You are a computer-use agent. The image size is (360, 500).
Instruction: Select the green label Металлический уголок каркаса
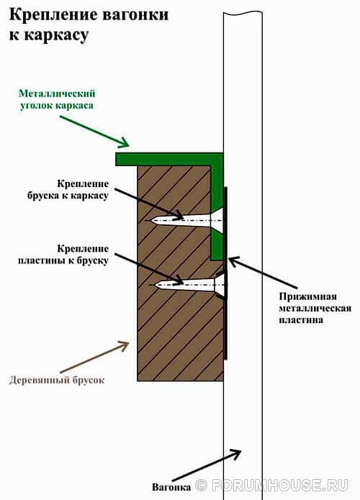tap(57, 99)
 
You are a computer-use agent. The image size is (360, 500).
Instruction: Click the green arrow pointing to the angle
tap(94, 132)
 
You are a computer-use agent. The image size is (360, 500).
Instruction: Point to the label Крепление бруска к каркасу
tap(68, 190)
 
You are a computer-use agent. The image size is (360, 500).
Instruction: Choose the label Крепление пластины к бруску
tap(63, 255)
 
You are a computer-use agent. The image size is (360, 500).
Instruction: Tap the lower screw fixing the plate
tap(189, 284)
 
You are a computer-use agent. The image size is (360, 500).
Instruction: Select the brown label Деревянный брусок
tap(57, 380)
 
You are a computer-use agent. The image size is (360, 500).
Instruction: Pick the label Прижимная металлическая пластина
tap(315, 308)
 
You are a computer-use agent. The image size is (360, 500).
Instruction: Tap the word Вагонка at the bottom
tap(171, 487)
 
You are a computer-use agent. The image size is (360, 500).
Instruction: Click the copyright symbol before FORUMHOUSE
tap(202, 486)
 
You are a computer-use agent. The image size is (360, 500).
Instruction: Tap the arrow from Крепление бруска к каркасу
tap(149, 204)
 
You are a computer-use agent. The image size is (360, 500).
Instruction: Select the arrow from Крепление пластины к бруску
tap(149, 268)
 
